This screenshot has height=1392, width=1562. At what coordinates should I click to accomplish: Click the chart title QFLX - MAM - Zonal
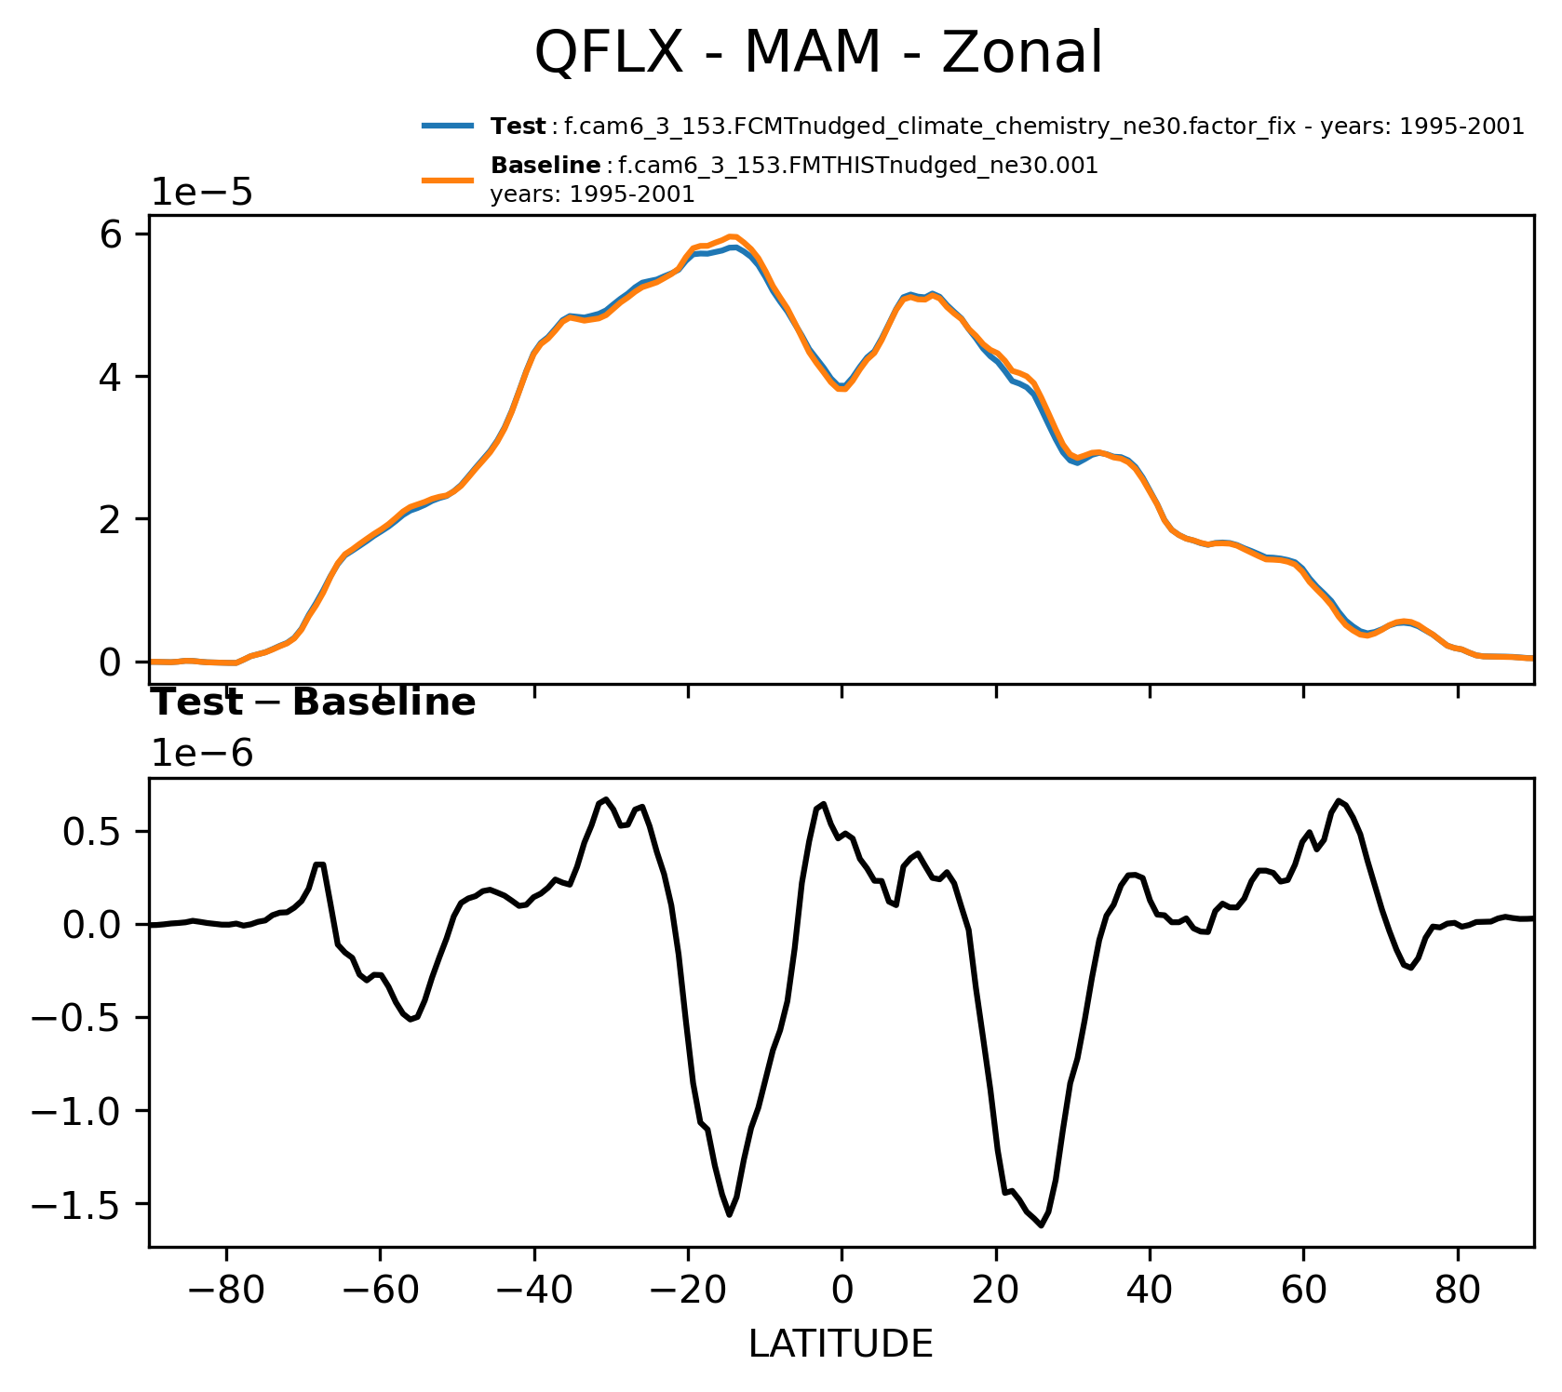click(818, 53)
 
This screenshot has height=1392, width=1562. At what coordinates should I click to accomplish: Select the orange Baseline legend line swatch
click(450, 180)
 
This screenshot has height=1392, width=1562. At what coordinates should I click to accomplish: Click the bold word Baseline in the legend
click(545, 167)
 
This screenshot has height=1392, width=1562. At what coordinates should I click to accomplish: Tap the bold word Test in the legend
click(518, 127)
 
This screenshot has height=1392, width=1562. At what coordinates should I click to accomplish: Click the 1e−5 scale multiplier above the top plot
click(202, 193)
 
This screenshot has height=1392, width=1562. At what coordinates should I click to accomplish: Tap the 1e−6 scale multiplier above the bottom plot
click(202, 754)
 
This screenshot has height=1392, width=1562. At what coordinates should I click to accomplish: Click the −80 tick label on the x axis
click(226, 1292)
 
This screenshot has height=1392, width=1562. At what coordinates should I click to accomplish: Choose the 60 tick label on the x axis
click(1303, 1292)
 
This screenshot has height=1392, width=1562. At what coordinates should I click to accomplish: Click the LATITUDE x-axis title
click(841, 1345)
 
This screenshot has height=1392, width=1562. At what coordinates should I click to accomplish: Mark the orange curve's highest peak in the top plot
click(733, 236)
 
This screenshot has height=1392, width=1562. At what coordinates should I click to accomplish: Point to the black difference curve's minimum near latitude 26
click(1041, 1225)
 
